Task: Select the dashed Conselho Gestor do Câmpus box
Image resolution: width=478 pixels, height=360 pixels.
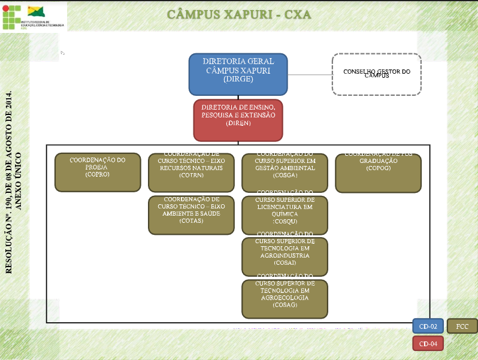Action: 377,74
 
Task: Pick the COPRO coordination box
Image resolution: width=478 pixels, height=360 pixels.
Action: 98,173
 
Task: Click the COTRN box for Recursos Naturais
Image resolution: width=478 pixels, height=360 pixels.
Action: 191,173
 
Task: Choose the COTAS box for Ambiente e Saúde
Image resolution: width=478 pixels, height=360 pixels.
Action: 191,215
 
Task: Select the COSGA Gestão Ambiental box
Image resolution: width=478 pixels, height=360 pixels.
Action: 285,173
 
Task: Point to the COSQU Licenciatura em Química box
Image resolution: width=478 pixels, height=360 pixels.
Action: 285,215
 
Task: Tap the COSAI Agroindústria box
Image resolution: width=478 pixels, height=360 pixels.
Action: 285,257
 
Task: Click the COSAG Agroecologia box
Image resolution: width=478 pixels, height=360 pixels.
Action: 285,299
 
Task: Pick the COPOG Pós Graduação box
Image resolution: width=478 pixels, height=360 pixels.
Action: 378,173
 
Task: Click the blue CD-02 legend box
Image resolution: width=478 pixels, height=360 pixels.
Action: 428,326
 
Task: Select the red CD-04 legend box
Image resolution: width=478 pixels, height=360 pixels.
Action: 428,344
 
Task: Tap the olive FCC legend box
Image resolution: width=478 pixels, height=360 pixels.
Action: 462,326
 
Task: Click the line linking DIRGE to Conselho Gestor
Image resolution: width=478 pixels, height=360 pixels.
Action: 310,75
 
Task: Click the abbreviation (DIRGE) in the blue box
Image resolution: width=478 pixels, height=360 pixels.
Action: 238,78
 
